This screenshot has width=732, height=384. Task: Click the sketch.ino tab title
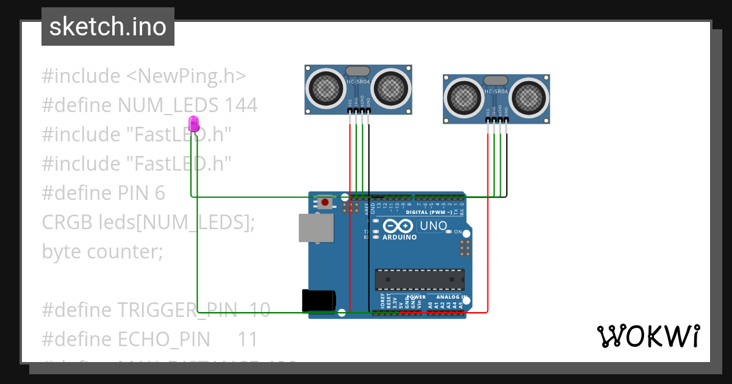(108, 27)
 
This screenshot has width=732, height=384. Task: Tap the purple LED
(194, 123)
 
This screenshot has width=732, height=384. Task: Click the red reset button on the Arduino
(325, 202)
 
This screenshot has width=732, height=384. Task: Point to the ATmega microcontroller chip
(419, 279)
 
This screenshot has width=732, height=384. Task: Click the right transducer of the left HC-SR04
(390, 89)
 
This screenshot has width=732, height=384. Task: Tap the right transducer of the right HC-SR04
(528, 98)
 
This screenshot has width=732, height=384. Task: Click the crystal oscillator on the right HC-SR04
(495, 80)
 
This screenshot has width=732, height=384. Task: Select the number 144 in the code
(240, 105)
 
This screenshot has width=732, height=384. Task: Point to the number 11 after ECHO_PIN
(247, 339)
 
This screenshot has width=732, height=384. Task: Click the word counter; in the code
(125, 251)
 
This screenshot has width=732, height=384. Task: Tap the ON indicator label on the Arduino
(457, 232)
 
